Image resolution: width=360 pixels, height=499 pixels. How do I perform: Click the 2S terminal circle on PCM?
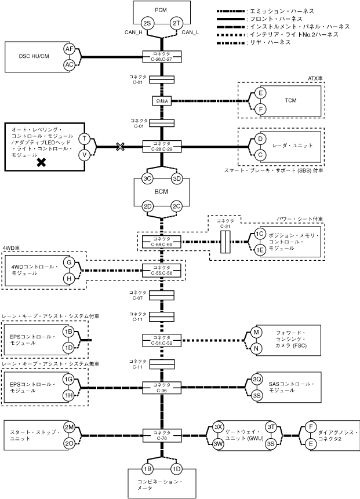click(x=148, y=23)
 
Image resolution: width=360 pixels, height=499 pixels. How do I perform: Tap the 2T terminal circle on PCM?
click(x=177, y=23)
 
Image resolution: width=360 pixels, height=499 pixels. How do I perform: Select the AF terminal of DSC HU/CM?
click(x=70, y=49)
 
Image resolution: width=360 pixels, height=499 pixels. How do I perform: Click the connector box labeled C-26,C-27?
click(x=162, y=56)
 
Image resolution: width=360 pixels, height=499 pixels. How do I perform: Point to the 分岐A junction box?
click(x=162, y=100)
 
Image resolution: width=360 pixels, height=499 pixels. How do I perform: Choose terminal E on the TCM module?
click(x=261, y=93)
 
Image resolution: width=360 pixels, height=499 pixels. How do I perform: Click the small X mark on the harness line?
click(x=120, y=147)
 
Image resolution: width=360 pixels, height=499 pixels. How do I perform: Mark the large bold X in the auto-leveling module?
click(x=42, y=163)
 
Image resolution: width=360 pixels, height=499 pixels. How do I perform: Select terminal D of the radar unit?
click(x=261, y=139)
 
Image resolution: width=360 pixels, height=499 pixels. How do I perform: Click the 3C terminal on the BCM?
click(x=148, y=179)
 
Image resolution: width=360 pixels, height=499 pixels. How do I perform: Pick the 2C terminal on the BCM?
click(x=177, y=206)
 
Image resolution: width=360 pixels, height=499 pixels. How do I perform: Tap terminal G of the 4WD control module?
click(x=70, y=263)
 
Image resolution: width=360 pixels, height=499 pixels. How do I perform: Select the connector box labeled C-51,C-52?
click(x=162, y=340)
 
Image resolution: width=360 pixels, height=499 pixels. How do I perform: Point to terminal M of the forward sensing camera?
click(x=255, y=332)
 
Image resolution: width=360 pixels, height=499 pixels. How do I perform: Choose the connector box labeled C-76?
click(x=162, y=435)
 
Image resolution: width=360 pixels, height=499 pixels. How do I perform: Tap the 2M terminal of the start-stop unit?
click(x=69, y=427)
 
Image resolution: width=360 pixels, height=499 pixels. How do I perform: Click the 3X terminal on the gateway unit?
click(x=219, y=427)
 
